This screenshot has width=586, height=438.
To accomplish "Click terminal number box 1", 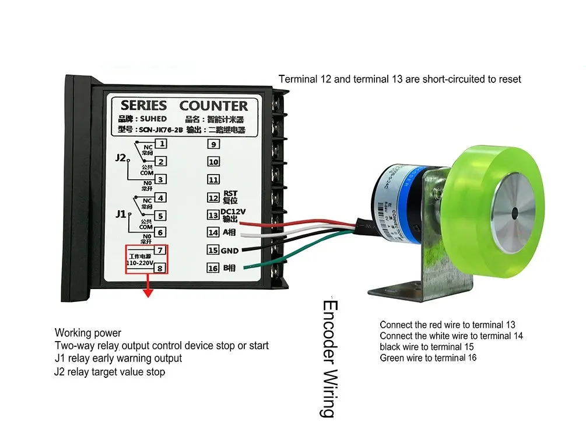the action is coord(162,144).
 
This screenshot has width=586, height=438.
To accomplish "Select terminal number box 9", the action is coord(213,144).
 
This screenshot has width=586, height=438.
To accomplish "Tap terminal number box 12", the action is coord(213,198).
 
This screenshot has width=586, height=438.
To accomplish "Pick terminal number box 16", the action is coord(213,269).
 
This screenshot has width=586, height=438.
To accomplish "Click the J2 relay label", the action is coord(121,158).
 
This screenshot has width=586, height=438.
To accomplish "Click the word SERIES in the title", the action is coord(143,106).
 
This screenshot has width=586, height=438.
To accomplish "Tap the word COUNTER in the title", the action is coord(213,106).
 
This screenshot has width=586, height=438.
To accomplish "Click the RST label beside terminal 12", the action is coord(230,194).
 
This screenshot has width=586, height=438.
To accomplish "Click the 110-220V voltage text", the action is coord(140,263).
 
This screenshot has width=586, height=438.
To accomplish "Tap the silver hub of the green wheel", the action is coord(512,213).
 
